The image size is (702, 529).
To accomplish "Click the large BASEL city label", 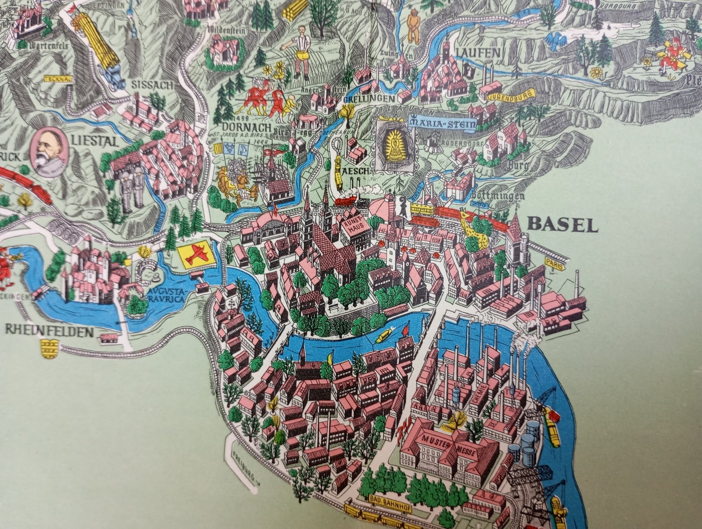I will point(562,225).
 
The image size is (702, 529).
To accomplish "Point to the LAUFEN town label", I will point(478,53).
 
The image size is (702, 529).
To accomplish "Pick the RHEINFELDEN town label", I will point(49,332).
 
